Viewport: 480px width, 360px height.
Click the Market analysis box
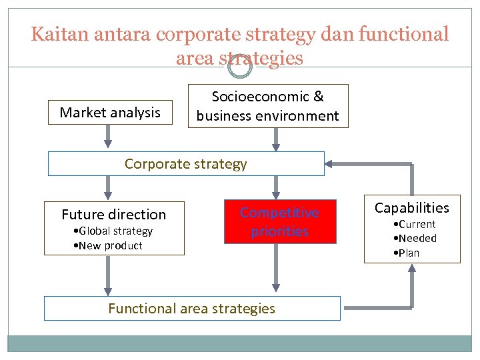(x=110, y=113)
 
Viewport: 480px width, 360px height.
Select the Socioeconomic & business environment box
(x=268, y=106)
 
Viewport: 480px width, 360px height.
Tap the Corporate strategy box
(x=186, y=164)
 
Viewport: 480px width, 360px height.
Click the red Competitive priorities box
(x=279, y=222)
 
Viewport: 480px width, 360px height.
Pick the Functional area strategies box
(x=192, y=308)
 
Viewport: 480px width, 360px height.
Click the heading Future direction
(x=114, y=215)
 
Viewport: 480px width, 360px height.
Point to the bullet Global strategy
(x=115, y=231)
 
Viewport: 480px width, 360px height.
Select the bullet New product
(x=109, y=246)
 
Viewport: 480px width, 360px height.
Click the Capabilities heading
(x=412, y=207)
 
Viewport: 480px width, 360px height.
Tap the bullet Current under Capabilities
(x=416, y=225)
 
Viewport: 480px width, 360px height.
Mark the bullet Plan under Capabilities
(x=408, y=253)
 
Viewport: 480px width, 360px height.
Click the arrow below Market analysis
(x=107, y=137)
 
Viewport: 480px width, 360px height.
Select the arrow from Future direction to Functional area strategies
(x=107, y=275)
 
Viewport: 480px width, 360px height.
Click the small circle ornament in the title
(x=240, y=65)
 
